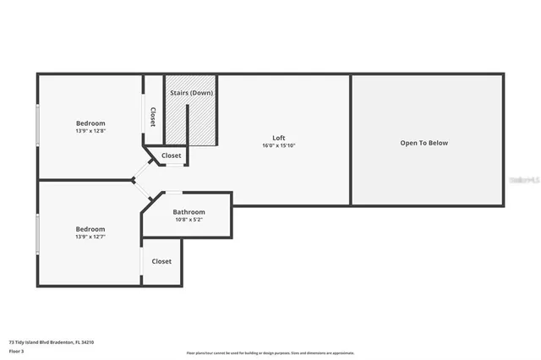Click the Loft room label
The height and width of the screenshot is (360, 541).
coord(278,138)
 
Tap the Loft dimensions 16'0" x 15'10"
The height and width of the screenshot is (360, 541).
coord(278,145)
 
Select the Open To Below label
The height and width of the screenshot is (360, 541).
coord(424,143)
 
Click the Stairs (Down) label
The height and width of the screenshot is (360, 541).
coord(191,92)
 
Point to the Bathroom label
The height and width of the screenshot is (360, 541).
coord(189,212)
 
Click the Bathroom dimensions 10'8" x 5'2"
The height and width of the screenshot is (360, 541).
coord(189,220)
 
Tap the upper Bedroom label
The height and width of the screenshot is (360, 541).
coord(90,123)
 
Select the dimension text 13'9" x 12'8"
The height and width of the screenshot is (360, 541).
coord(90,131)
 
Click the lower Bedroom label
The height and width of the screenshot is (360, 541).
coord(90,229)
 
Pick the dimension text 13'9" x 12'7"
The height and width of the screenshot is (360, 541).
coord(90,237)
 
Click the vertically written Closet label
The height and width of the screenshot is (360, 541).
coord(153,117)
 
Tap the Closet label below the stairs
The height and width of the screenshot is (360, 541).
coord(172,155)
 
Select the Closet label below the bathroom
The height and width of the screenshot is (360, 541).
coord(161,261)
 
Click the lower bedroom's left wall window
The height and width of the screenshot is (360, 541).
coord(37,234)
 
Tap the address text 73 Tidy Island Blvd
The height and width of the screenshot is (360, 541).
coord(51,342)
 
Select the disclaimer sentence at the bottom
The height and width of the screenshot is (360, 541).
coord(270,353)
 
